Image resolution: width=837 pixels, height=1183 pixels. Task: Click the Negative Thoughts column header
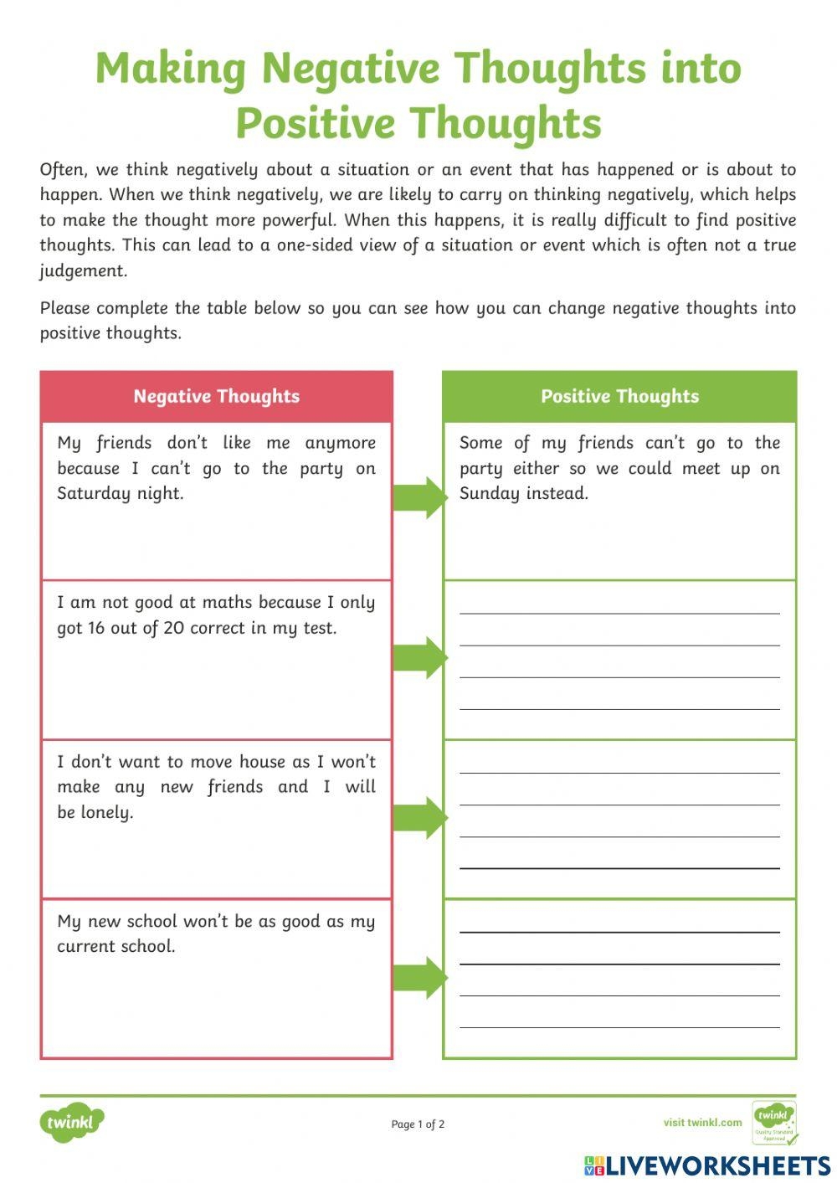pos(216,396)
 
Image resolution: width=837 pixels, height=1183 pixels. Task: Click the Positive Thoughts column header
pos(619,396)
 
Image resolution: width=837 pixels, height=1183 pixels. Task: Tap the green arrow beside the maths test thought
pos(420,657)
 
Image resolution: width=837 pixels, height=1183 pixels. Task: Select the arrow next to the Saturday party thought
pos(420,497)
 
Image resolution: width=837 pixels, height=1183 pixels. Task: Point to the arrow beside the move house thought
pos(420,817)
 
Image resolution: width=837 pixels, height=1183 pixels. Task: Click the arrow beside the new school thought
pos(420,977)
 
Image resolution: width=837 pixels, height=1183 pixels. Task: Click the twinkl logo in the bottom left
pos(72,1122)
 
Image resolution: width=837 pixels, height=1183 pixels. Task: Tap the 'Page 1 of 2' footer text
pos(418,1124)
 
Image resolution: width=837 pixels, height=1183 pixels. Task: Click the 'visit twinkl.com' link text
pos(702,1123)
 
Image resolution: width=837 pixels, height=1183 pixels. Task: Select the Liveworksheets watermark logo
pos(707,1165)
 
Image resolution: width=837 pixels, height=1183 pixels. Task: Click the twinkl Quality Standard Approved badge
pos(774,1123)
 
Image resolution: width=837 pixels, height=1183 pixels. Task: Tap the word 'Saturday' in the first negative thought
pos(94,493)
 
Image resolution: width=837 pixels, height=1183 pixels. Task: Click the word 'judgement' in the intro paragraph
pos(83,270)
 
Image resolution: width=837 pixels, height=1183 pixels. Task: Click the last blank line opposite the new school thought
pos(619,1026)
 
